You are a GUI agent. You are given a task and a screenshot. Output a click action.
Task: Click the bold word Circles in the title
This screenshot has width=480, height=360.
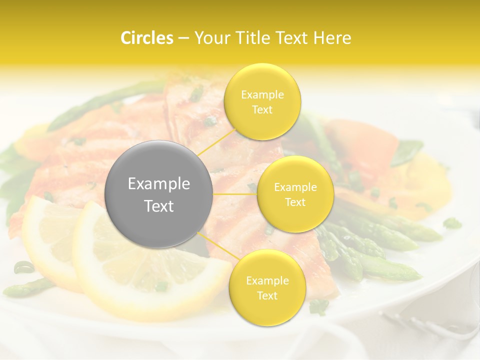pos(147,38)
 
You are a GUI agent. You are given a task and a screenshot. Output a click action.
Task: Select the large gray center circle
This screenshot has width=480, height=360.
pos(159,194)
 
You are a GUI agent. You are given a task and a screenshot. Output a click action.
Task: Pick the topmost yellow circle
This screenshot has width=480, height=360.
pos(262,101)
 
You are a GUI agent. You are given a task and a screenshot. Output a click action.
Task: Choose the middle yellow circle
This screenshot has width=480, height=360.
pos(295,194)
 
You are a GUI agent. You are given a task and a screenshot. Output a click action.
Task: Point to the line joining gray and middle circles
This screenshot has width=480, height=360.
pos(235,194)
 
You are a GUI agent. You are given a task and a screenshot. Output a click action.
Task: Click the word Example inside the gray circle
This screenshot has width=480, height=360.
pos(159,184)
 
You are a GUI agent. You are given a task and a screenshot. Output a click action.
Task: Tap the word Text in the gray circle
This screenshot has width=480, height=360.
pos(159,206)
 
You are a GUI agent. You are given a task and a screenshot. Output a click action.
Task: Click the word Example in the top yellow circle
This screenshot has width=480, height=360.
pos(262,94)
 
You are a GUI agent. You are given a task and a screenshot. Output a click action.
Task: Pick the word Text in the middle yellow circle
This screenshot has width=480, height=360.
pos(295,202)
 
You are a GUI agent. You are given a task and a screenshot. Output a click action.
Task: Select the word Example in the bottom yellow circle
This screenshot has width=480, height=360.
pos(267,280)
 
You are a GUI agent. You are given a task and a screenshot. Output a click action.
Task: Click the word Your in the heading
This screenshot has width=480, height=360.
pos(210,38)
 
